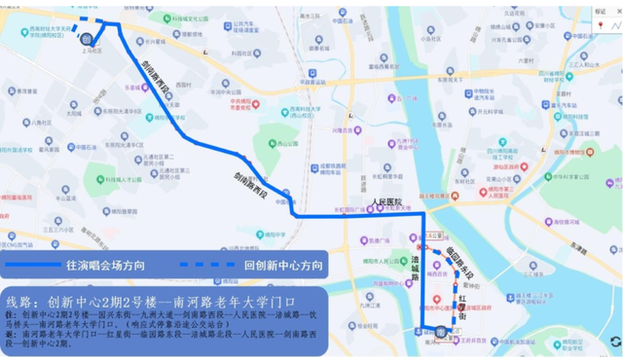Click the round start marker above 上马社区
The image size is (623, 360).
click(x=86, y=39)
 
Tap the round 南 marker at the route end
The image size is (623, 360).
click(x=441, y=332)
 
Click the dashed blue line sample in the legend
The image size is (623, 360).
click(x=207, y=263)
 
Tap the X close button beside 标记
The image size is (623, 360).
click(x=614, y=13)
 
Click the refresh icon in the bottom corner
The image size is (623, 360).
click(x=614, y=340)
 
